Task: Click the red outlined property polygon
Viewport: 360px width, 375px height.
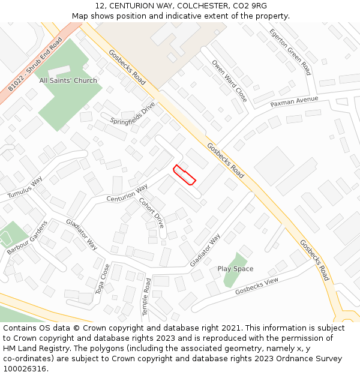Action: coord(185,175)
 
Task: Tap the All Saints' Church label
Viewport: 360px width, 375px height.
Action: coord(68,80)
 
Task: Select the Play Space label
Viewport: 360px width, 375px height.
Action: coord(235,269)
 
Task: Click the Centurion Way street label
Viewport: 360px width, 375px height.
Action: coord(127,194)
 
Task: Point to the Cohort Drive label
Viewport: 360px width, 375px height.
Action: coord(151,212)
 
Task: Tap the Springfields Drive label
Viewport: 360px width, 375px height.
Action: coord(133,113)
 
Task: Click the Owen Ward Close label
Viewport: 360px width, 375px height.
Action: coord(229,80)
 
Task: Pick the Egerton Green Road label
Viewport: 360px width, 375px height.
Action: coord(290,52)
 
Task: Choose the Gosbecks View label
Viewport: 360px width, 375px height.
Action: coord(257,286)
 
